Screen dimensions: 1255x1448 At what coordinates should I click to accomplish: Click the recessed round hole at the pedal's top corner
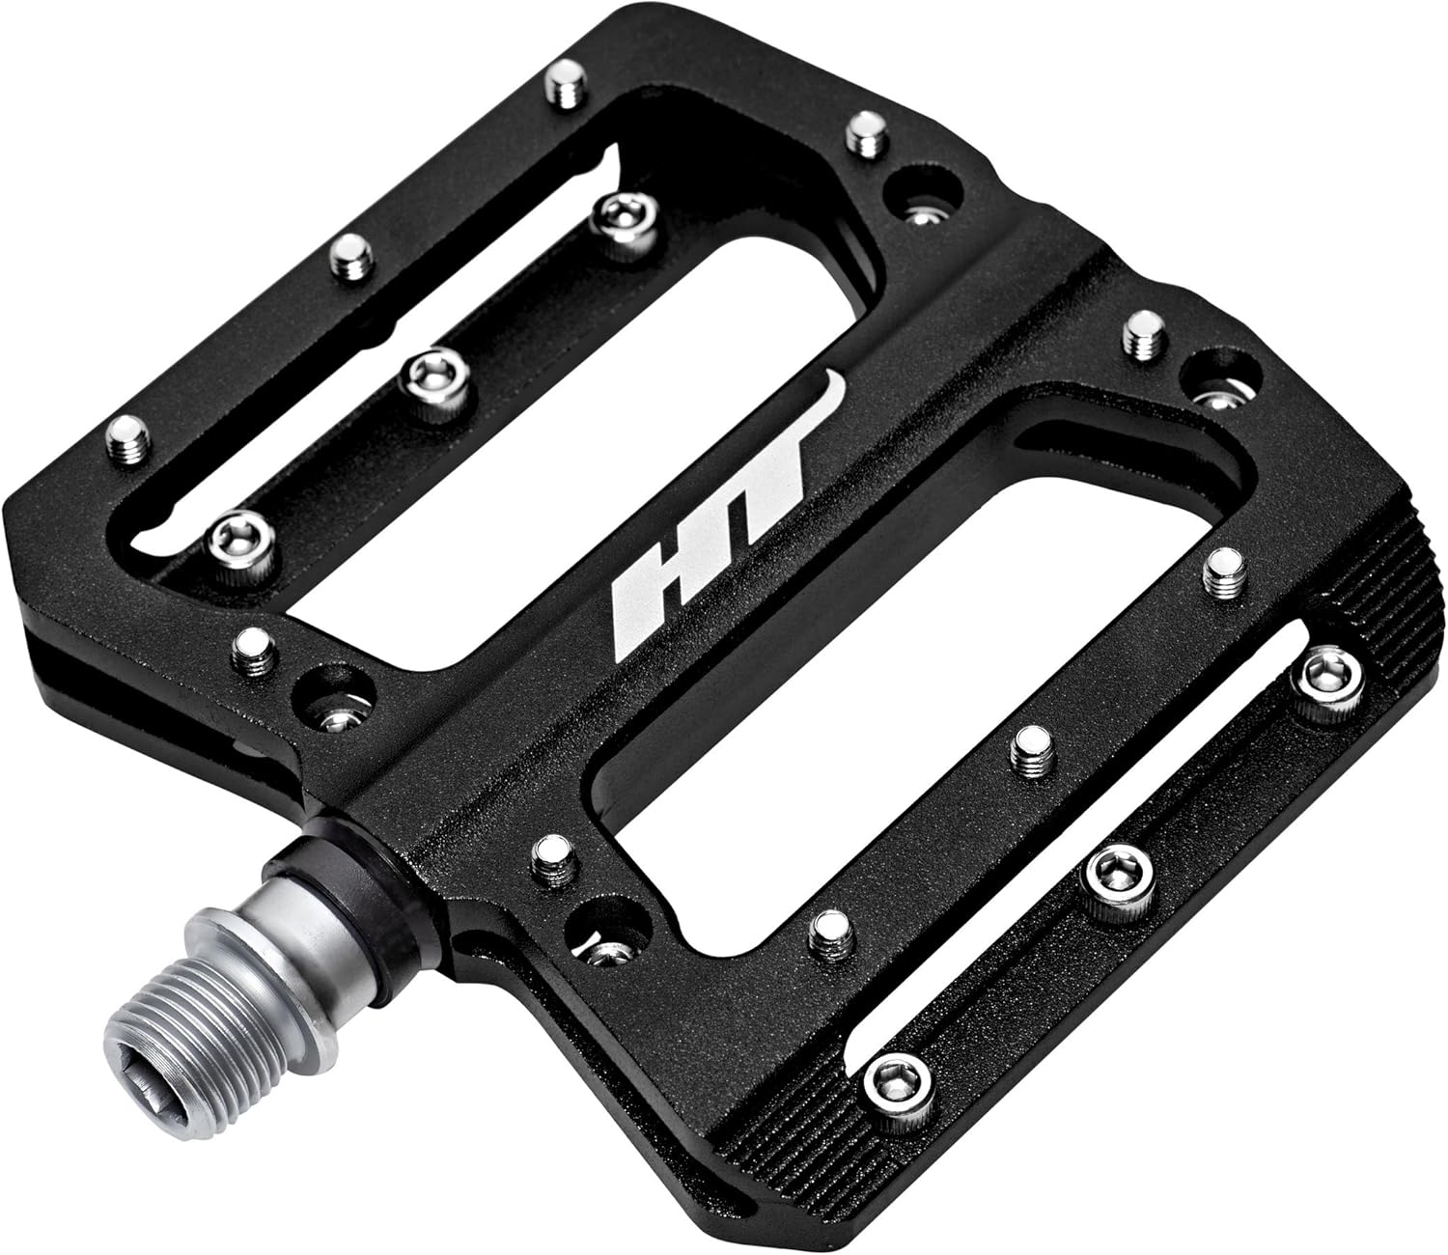coord(925,193)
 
